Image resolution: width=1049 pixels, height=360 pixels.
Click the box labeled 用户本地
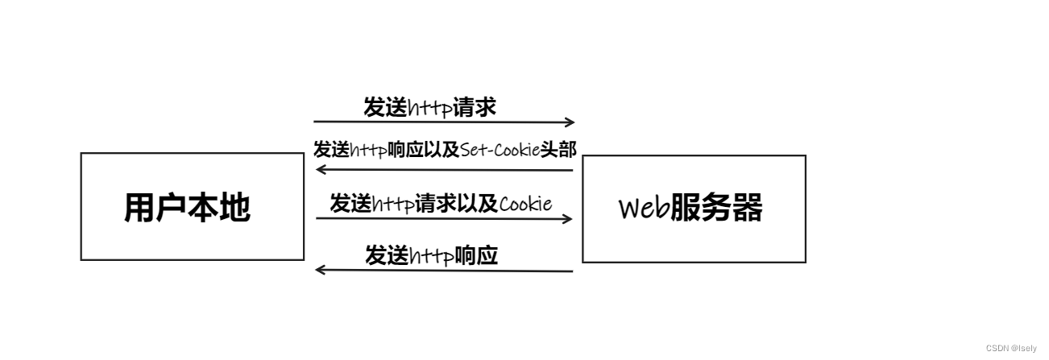point(192,207)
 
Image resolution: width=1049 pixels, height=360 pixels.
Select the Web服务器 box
point(693,209)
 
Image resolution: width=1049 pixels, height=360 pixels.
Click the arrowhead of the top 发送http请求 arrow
point(570,122)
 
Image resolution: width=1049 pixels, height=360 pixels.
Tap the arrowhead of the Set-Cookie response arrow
point(320,169)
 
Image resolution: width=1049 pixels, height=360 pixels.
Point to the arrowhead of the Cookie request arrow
point(567,218)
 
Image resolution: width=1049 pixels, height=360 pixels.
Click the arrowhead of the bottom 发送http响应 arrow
point(320,270)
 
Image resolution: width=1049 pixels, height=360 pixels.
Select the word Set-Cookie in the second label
point(500,150)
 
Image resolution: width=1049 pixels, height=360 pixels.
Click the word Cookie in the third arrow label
point(526,203)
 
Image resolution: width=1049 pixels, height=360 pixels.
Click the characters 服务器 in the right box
point(716,209)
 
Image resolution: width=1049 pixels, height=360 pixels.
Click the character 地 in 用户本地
point(234,207)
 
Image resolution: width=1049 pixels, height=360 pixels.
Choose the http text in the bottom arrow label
point(431,256)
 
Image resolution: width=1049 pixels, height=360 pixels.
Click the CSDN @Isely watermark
point(1012,348)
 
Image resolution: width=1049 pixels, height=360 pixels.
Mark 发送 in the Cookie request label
point(350,203)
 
